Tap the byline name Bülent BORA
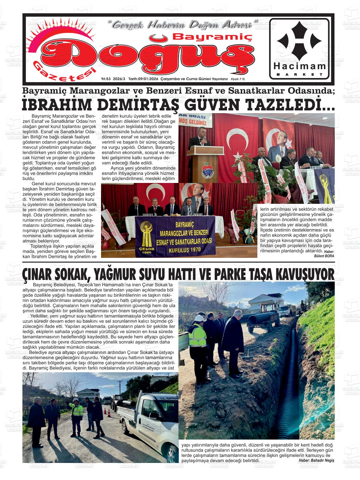(324, 256)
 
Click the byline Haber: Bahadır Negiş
(316, 460)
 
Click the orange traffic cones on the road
(108, 413)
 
